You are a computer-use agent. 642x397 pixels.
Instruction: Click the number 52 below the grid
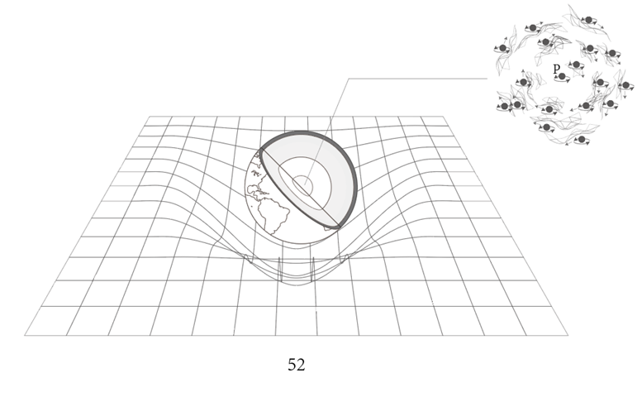pyautogui.click(x=297, y=365)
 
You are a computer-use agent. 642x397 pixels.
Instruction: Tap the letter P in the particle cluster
pyautogui.click(x=555, y=69)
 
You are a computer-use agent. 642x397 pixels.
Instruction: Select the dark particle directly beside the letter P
pyautogui.click(x=562, y=77)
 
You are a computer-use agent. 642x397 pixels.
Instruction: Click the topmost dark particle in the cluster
pyautogui.click(x=589, y=20)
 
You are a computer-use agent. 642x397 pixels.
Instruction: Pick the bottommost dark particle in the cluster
pyautogui.click(x=582, y=140)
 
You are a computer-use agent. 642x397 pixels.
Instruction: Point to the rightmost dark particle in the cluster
pyautogui.click(x=625, y=85)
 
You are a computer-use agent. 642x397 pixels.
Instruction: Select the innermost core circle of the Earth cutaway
pyautogui.click(x=302, y=185)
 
